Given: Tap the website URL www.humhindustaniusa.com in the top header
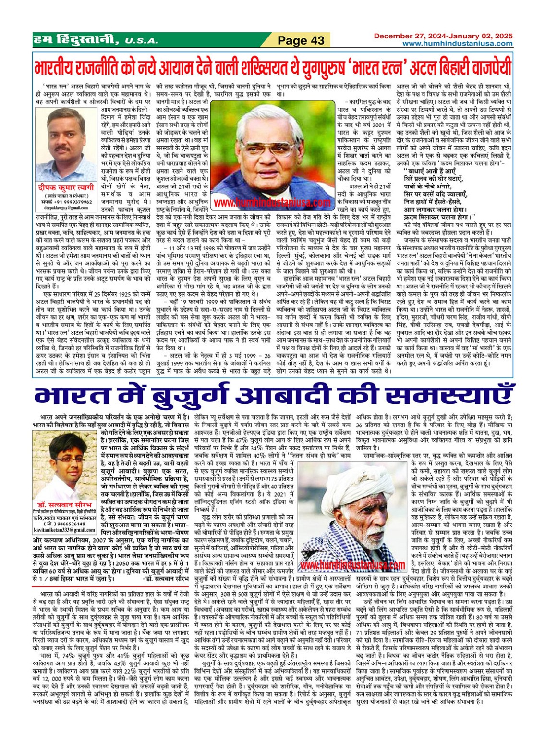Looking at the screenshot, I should click(x=457, y=43).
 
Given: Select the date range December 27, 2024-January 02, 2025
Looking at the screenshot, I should click(x=443, y=36).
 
